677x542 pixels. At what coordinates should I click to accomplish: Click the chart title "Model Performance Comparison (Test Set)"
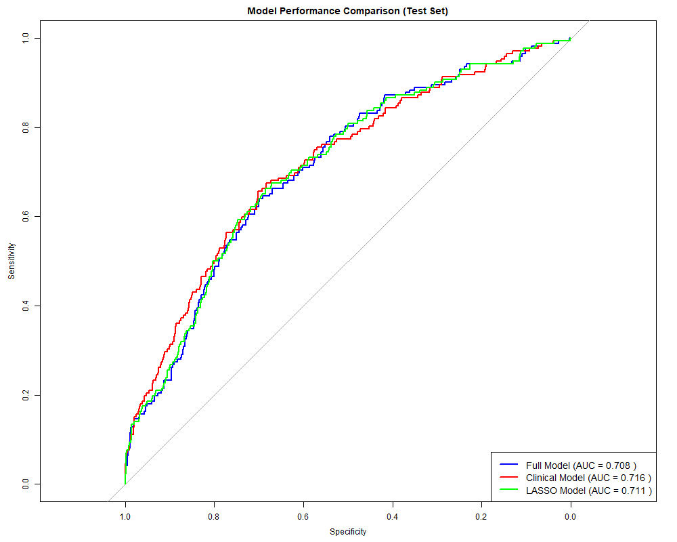[348, 11]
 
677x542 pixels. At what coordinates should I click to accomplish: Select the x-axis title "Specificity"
[348, 532]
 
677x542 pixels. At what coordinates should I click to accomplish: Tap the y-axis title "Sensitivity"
[11, 261]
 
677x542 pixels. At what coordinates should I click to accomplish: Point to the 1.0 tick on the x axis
[125, 517]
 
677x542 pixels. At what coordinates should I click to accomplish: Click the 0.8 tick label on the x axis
[214, 517]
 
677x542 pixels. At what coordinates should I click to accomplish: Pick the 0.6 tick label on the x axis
[303, 517]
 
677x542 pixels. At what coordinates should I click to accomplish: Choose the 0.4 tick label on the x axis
[393, 517]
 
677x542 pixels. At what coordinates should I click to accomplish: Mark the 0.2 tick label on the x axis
[481, 517]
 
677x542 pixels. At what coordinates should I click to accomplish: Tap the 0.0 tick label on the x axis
[571, 517]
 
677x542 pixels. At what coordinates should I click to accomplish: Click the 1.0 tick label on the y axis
[26, 38]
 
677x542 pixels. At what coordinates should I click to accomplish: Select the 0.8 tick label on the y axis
[26, 127]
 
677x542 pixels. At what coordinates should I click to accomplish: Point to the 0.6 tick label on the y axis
[26, 216]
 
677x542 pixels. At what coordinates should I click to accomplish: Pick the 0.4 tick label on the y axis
[26, 306]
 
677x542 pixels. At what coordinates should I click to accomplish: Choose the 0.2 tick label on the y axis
[26, 395]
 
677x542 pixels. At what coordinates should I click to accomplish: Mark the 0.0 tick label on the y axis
[26, 484]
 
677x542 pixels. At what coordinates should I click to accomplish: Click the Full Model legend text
[581, 465]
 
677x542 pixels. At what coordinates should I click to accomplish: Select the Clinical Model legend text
[588, 478]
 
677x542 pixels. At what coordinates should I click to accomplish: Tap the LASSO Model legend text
[588, 491]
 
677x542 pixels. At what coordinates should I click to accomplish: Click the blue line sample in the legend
[508, 465]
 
